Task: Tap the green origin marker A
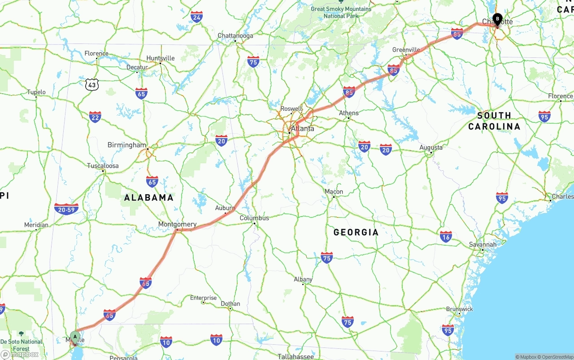click(x=75, y=336)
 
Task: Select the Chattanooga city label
click(x=235, y=35)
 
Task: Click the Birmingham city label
click(x=127, y=145)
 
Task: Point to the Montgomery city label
click(x=177, y=224)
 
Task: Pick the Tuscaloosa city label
click(x=103, y=166)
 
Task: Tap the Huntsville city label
click(x=161, y=58)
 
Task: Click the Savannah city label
click(x=483, y=244)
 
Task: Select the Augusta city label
click(x=431, y=147)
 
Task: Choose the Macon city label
click(x=334, y=191)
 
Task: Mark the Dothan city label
click(x=230, y=304)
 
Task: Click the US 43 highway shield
click(x=92, y=84)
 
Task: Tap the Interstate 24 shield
click(x=196, y=17)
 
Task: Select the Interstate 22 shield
click(x=95, y=117)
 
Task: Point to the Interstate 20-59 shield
click(x=66, y=209)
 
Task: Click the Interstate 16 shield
click(x=446, y=237)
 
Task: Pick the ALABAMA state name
click(x=148, y=197)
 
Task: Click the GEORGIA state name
click(x=356, y=232)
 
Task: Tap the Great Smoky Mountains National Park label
click(x=341, y=12)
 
